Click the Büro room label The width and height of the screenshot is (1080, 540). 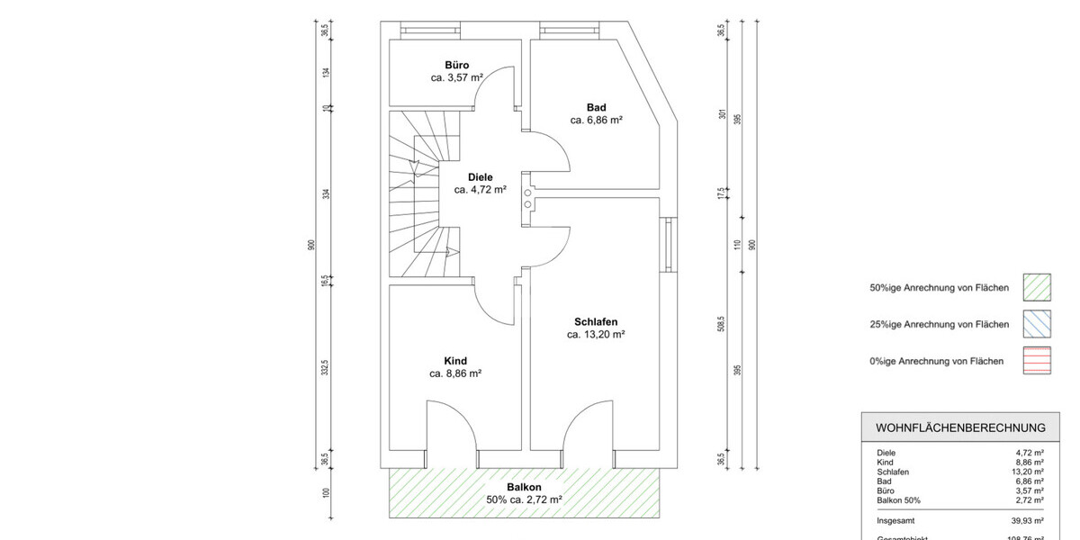456,65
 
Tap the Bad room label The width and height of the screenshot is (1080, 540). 597,106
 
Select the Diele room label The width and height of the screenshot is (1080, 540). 480,177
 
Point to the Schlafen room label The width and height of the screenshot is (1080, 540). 595,321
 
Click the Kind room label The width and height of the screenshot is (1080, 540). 455,361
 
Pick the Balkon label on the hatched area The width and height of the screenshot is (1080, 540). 524,487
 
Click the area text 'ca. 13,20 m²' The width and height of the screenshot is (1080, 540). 596,334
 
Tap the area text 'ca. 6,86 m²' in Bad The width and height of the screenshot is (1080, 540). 597,119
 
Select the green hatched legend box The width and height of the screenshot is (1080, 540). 1037,288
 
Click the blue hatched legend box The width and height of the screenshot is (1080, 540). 1037,324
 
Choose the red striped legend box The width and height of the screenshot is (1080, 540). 1037,361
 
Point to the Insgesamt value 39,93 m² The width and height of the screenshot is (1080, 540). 1026,520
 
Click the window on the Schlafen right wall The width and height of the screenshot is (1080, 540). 667,245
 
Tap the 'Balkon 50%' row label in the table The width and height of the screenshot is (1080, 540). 898,500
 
